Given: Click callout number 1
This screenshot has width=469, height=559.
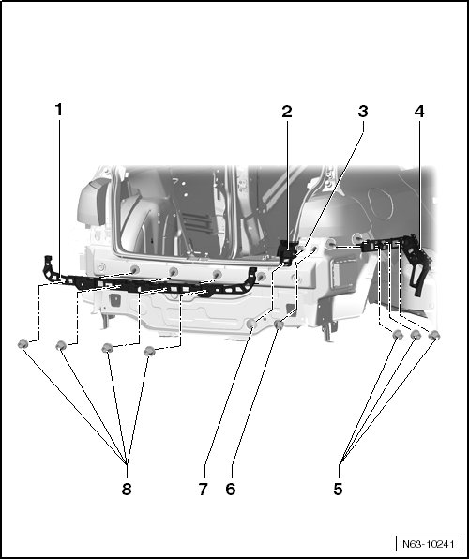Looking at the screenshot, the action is coord(59,110).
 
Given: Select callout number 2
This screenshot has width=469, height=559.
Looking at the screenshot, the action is coord(287,112).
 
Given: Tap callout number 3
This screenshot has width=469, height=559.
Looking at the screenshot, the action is coord(363,112).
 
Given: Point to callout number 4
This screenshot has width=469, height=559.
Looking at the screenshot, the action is coord(419,112).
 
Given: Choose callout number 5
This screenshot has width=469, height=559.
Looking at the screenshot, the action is coord(338,489).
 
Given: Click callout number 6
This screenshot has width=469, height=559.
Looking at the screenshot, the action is coord(231,490).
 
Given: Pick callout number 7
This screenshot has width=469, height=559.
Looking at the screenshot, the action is coord(203,490).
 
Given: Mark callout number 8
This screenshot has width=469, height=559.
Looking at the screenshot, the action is coord(127,490).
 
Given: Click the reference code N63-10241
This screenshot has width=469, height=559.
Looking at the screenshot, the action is coord(429,544).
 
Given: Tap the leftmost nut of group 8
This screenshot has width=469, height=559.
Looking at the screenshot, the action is coord(23,343).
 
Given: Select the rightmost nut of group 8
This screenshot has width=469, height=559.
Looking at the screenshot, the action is coord(149,351).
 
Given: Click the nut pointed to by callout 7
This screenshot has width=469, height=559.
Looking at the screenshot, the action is coord(251,324).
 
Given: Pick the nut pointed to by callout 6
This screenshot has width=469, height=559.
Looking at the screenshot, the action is coord(279,325).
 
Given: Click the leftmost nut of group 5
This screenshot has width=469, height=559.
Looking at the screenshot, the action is coord(398,335).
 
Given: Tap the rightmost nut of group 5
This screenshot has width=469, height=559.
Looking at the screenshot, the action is coord(434,335).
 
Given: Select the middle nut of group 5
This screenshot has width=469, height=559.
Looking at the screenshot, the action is coord(416,335).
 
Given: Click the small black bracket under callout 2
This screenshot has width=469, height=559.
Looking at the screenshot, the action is coord(287,252).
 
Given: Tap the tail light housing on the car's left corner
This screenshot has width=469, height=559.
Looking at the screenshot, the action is coord(92,203).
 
